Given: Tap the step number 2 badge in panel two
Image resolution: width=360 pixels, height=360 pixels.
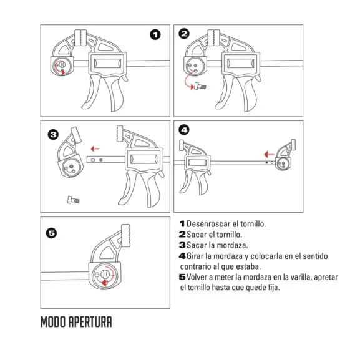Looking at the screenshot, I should [184, 34].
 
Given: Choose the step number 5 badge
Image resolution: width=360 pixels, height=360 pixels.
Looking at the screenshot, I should [52, 233].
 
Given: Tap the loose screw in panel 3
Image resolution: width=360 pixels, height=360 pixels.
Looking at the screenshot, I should [71, 200].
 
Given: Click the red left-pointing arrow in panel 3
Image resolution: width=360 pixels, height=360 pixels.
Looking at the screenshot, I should [94, 148].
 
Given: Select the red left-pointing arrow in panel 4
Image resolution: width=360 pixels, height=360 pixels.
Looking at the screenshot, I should [267, 153].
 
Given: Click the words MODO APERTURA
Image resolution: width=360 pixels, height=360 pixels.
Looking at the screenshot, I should [76, 323].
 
